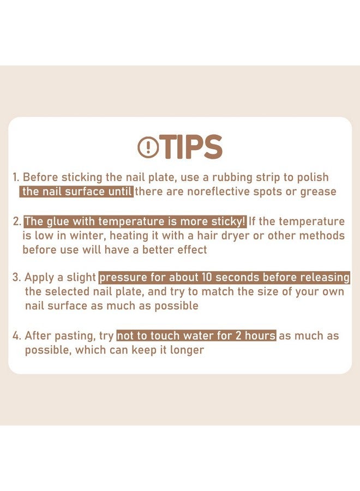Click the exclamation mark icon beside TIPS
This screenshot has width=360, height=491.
(x=147, y=147)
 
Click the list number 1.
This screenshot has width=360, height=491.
(x=16, y=177)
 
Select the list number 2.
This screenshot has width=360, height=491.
(x=17, y=221)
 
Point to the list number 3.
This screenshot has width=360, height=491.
(x=16, y=278)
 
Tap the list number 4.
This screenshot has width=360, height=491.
(x=17, y=336)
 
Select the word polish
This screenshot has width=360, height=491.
(x=313, y=177)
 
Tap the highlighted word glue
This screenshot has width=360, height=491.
(x=58, y=221)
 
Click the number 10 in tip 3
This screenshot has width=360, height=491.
(x=207, y=278)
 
